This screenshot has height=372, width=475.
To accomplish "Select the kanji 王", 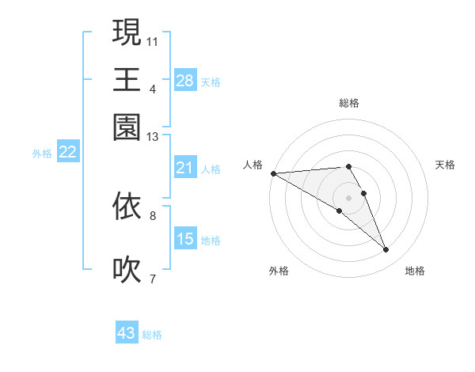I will coord(127,79).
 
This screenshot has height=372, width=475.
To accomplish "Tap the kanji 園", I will coord(127,127).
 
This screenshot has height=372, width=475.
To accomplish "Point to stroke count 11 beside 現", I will coord(153,40).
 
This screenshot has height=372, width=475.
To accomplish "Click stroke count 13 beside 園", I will coord(153,137).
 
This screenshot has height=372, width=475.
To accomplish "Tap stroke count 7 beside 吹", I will coord(153,278).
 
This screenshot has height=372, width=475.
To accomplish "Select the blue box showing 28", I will coord(185,81).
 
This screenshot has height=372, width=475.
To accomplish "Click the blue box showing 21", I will coord(185,168).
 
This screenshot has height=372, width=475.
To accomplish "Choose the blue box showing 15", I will coord(185,239).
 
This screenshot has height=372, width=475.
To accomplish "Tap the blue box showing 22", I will coord(67,153).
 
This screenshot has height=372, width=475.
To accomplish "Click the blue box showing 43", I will coord(127,333).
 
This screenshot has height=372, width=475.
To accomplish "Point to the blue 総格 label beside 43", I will coord(153,335).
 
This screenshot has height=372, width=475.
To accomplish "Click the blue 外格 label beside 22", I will coord(42,154).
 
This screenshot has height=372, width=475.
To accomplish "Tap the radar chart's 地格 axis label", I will coord(415,271).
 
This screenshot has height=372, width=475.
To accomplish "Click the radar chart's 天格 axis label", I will coord(446,165).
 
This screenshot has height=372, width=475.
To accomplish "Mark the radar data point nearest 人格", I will coord(273,173).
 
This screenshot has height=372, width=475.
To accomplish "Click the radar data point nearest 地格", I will coord(386,250).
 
